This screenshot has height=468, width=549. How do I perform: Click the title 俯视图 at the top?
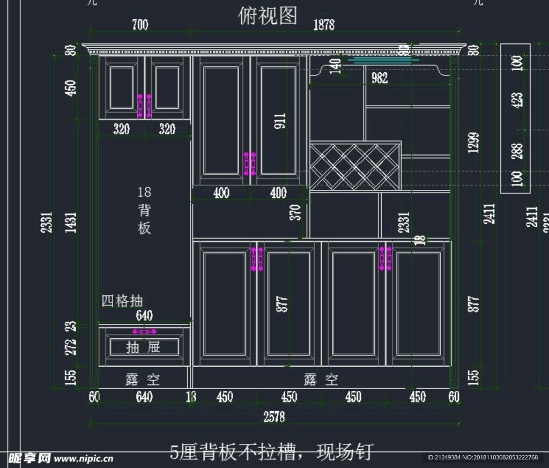(x=268, y=16)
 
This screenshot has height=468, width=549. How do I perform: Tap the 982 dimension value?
(x=380, y=78)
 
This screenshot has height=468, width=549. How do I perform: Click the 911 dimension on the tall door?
(x=280, y=121)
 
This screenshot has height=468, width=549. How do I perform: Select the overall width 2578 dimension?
(x=274, y=417)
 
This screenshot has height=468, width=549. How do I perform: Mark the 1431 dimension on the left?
(x=71, y=222)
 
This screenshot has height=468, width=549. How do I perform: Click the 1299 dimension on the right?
(x=473, y=143)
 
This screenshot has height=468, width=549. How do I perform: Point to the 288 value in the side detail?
(x=517, y=151)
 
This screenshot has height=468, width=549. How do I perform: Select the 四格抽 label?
(x=122, y=301)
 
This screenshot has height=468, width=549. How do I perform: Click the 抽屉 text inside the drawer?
(x=144, y=347)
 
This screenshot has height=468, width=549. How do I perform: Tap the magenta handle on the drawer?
(x=144, y=331)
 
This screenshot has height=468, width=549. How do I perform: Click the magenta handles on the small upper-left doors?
(x=144, y=106)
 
